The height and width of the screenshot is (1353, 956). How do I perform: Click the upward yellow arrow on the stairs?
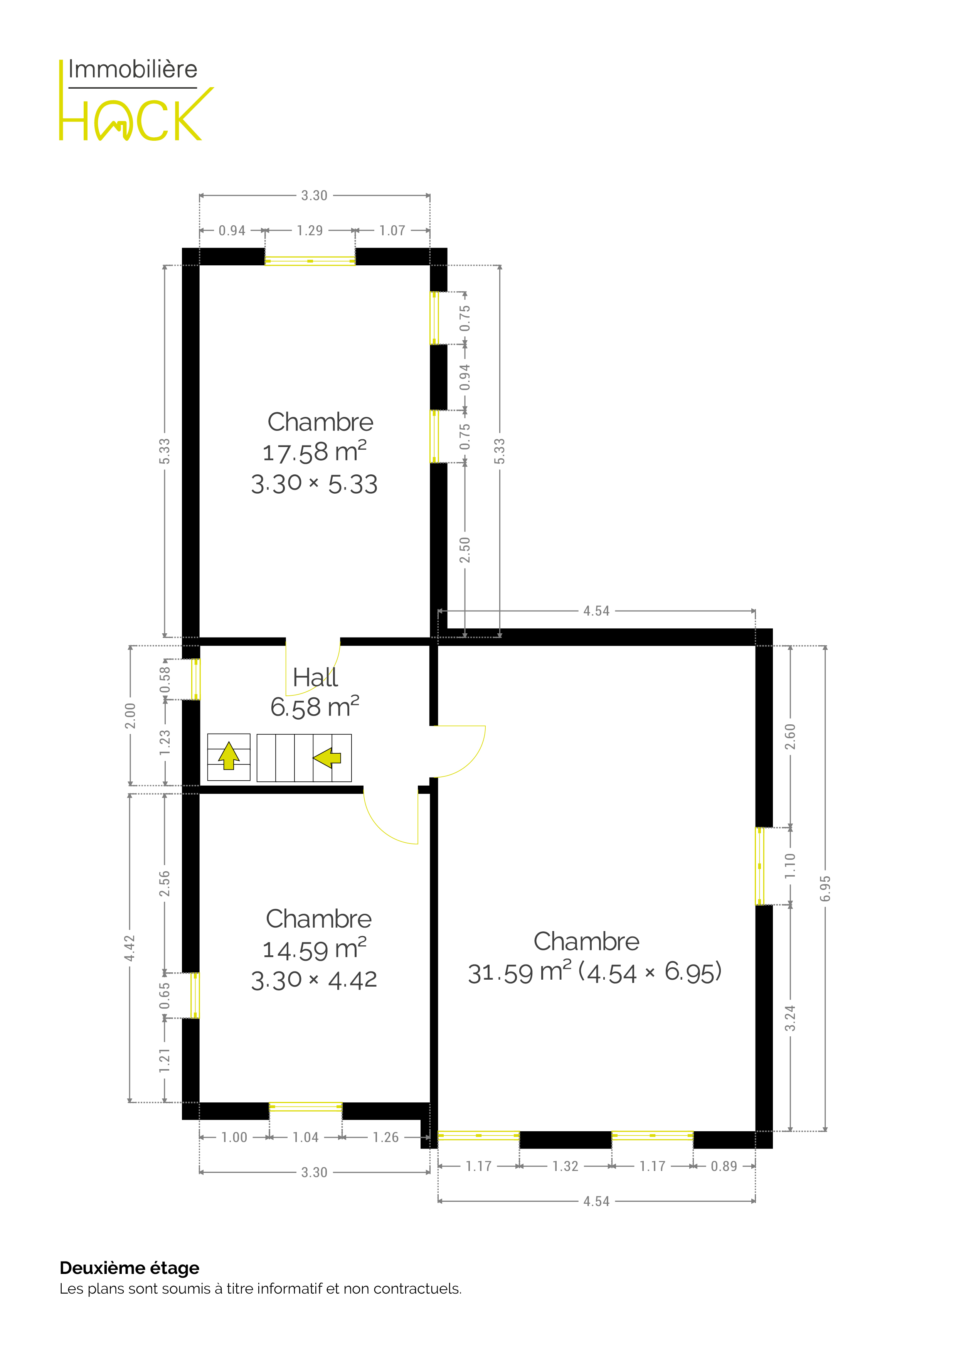coord(229,756)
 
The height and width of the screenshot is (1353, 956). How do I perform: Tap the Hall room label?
coord(315,677)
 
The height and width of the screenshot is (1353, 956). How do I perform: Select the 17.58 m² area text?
coord(315,452)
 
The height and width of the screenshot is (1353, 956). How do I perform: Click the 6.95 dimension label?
coord(825,888)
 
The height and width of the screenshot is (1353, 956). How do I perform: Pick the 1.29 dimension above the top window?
coord(310,230)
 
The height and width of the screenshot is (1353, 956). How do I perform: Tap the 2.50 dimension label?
coord(465,550)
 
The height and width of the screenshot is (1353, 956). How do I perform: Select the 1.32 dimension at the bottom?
coord(566,1166)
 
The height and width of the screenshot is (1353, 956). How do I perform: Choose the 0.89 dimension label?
coord(724,1166)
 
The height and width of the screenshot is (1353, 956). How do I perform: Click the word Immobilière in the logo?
coord(133,69)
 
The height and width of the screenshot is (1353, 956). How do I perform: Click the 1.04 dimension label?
coord(306,1137)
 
